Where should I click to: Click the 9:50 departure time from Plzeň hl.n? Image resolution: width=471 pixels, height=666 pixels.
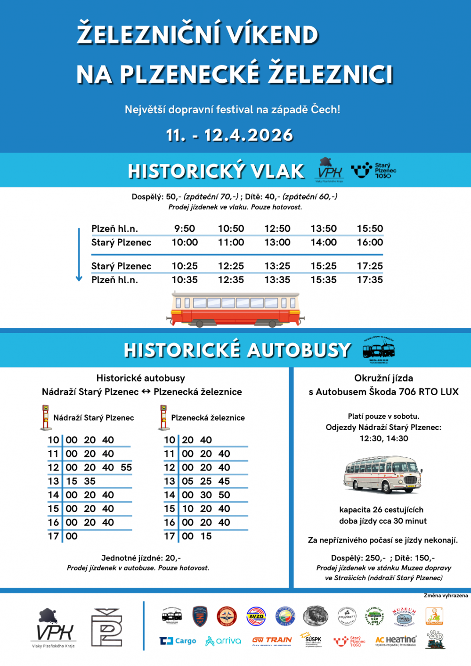[185, 229]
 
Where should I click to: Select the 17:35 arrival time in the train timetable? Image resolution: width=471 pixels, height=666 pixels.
[370, 280]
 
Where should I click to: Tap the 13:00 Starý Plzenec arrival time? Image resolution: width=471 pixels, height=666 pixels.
[277, 243]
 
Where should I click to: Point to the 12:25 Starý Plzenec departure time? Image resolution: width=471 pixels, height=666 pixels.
[231, 266]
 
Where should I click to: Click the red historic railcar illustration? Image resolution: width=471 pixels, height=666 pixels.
[235, 309]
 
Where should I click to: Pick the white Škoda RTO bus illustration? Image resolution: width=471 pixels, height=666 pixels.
[382, 474]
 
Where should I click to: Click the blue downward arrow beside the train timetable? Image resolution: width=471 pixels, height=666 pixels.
[79, 254]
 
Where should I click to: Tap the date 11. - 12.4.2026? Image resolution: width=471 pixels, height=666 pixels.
[229, 136]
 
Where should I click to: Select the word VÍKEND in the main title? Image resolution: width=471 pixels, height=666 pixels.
[272, 35]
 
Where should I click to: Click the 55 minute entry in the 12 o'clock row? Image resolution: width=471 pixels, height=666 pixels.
[126, 468]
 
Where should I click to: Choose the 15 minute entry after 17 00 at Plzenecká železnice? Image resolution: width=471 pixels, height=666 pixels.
[206, 536]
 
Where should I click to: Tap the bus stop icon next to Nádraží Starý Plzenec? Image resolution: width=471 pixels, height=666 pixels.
[46, 417]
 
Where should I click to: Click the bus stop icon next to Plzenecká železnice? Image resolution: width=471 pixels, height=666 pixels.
[163, 417]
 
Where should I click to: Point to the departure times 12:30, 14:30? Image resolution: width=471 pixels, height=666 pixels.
[384, 439]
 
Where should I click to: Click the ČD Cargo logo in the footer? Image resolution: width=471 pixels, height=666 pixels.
[178, 641]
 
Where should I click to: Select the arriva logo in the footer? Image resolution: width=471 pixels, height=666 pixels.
[223, 641]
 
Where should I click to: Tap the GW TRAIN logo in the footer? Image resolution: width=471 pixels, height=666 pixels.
[272, 641]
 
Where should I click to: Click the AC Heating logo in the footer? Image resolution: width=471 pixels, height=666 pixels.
[396, 641]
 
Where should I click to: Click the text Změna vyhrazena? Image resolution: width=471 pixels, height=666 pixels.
[446, 596]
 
